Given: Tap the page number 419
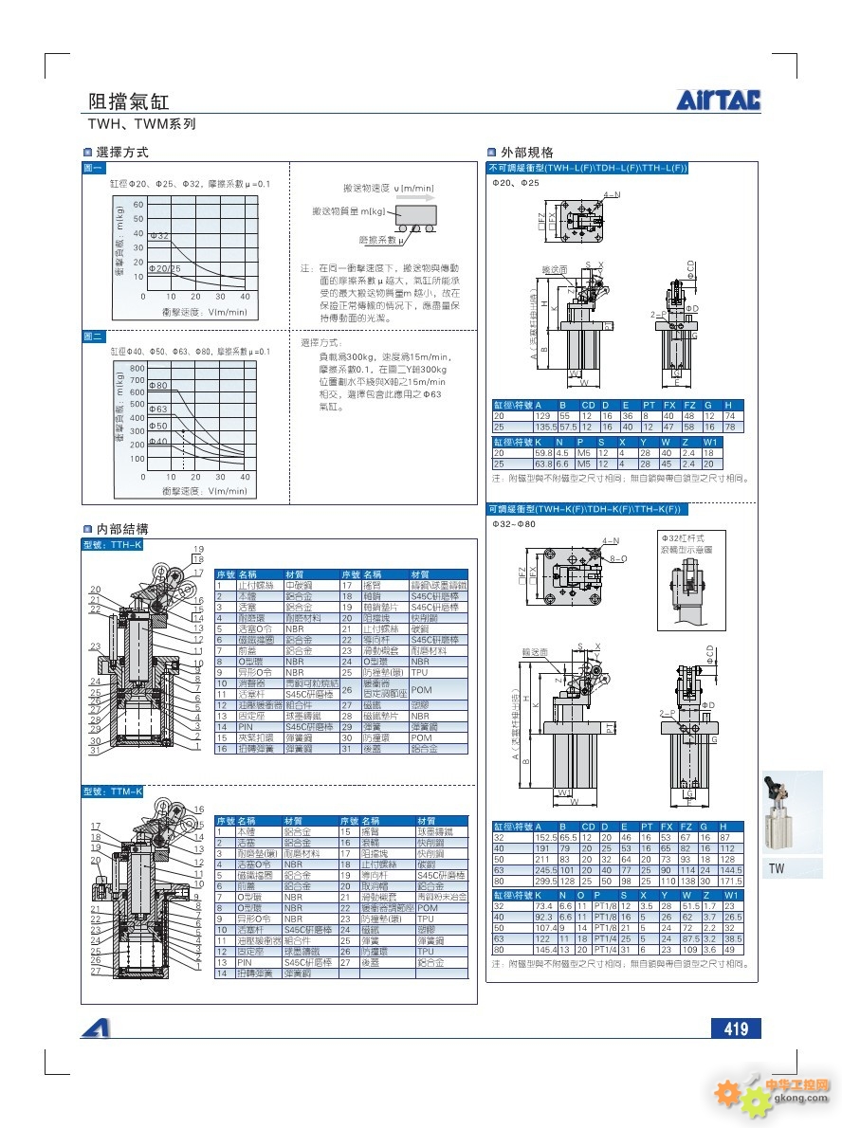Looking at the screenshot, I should tap(736, 1028).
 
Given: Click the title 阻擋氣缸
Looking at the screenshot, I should tap(129, 102).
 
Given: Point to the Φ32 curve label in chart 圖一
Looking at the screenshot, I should tap(159, 234).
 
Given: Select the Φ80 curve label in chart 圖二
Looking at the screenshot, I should tap(158, 385).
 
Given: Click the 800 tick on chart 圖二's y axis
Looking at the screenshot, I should tap(137, 368).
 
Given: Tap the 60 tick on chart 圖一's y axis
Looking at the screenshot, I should tap(138, 204).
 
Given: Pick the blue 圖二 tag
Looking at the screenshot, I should tap(94, 337).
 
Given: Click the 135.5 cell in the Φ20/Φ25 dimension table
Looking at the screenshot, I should tap(545, 427).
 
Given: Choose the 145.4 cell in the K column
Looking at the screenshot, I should tap(545, 949).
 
